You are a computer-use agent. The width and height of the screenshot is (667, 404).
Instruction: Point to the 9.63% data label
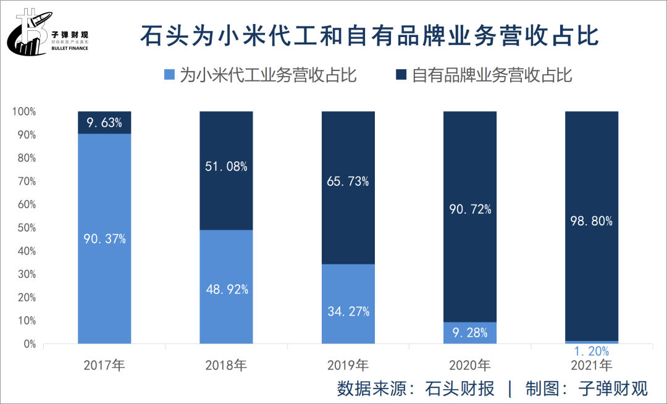pos(104,122)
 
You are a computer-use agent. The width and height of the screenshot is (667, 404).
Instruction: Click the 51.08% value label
pos(226,166)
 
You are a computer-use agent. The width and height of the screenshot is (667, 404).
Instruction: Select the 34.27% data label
pos(348,311)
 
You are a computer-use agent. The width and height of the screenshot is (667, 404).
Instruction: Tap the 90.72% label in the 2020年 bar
pos(470,209)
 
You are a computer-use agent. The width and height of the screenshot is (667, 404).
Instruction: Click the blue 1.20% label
pos(592,351)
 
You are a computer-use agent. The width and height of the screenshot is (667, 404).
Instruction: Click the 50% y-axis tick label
pos(27,228)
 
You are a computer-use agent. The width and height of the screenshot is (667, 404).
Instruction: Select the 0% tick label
pos(29,344)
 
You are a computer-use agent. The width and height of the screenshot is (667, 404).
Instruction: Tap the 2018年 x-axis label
pos(226,365)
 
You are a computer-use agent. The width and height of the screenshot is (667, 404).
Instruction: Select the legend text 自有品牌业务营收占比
pos(492,75)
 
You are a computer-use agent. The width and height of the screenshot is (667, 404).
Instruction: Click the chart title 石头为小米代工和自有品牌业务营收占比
pos(369,36)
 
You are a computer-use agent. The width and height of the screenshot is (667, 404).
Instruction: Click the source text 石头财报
pos(460,389)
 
